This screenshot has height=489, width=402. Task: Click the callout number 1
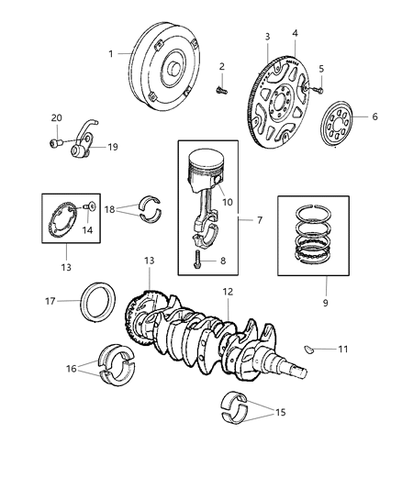click(x=112, y=53)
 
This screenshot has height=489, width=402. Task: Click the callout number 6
click(x=374, y=117)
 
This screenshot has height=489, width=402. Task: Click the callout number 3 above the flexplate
click(x=267, y=36)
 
